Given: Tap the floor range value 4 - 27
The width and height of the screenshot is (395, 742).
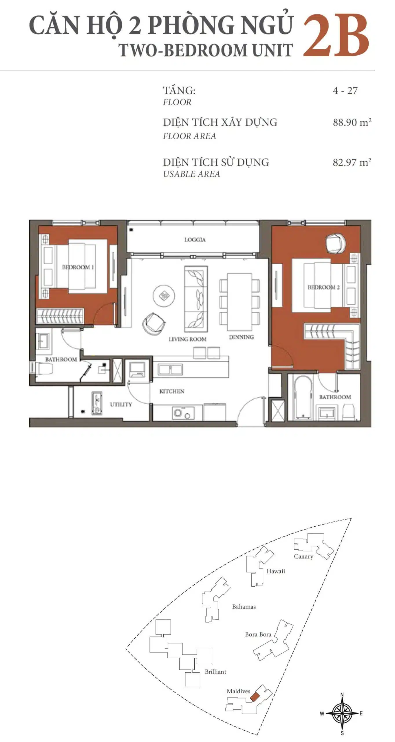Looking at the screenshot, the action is [345, 91].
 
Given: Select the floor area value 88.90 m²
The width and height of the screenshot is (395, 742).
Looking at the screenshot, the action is [352, 122].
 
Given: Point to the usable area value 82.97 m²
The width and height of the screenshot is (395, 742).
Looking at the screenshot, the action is [352, 162].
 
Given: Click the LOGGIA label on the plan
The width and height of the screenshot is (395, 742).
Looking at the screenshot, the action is [195, 240].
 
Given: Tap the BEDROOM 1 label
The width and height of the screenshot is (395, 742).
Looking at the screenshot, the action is [78, 267].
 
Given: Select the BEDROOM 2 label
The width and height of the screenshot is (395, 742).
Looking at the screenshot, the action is [323, 287].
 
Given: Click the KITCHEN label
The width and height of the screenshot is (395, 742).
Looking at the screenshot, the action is [172, 391].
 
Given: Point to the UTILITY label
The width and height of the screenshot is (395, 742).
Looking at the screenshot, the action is [121, 404].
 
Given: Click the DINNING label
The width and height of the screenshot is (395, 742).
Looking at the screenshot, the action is [241, 337].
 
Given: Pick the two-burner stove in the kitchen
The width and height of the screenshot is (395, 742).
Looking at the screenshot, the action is [183, 413].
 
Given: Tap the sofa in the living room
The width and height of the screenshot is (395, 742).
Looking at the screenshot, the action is [196, 299].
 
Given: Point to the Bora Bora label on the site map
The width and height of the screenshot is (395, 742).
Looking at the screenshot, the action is [258, 634].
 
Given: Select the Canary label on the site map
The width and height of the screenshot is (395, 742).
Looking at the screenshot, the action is [303, 556].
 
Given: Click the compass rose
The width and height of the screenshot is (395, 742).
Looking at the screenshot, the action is [342, 714].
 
